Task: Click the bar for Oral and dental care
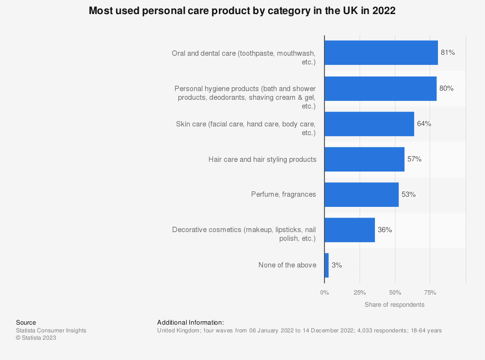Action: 381,53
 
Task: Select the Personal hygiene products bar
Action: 380,88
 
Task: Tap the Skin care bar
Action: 369,124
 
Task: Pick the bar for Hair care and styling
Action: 364,159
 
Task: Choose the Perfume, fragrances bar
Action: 361,195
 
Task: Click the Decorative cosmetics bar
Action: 350,230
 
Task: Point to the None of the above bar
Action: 326,266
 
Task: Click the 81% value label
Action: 448,53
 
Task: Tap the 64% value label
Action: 424,124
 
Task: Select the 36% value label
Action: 385,230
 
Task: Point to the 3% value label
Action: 337,266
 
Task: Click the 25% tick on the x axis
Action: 359,293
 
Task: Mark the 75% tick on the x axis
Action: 430,293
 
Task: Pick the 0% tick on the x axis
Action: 324,293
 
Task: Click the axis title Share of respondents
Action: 394,305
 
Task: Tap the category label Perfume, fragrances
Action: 283,195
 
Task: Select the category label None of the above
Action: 287,266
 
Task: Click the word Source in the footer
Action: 26,323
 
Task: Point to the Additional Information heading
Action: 191,323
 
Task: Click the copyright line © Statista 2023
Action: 36,338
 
